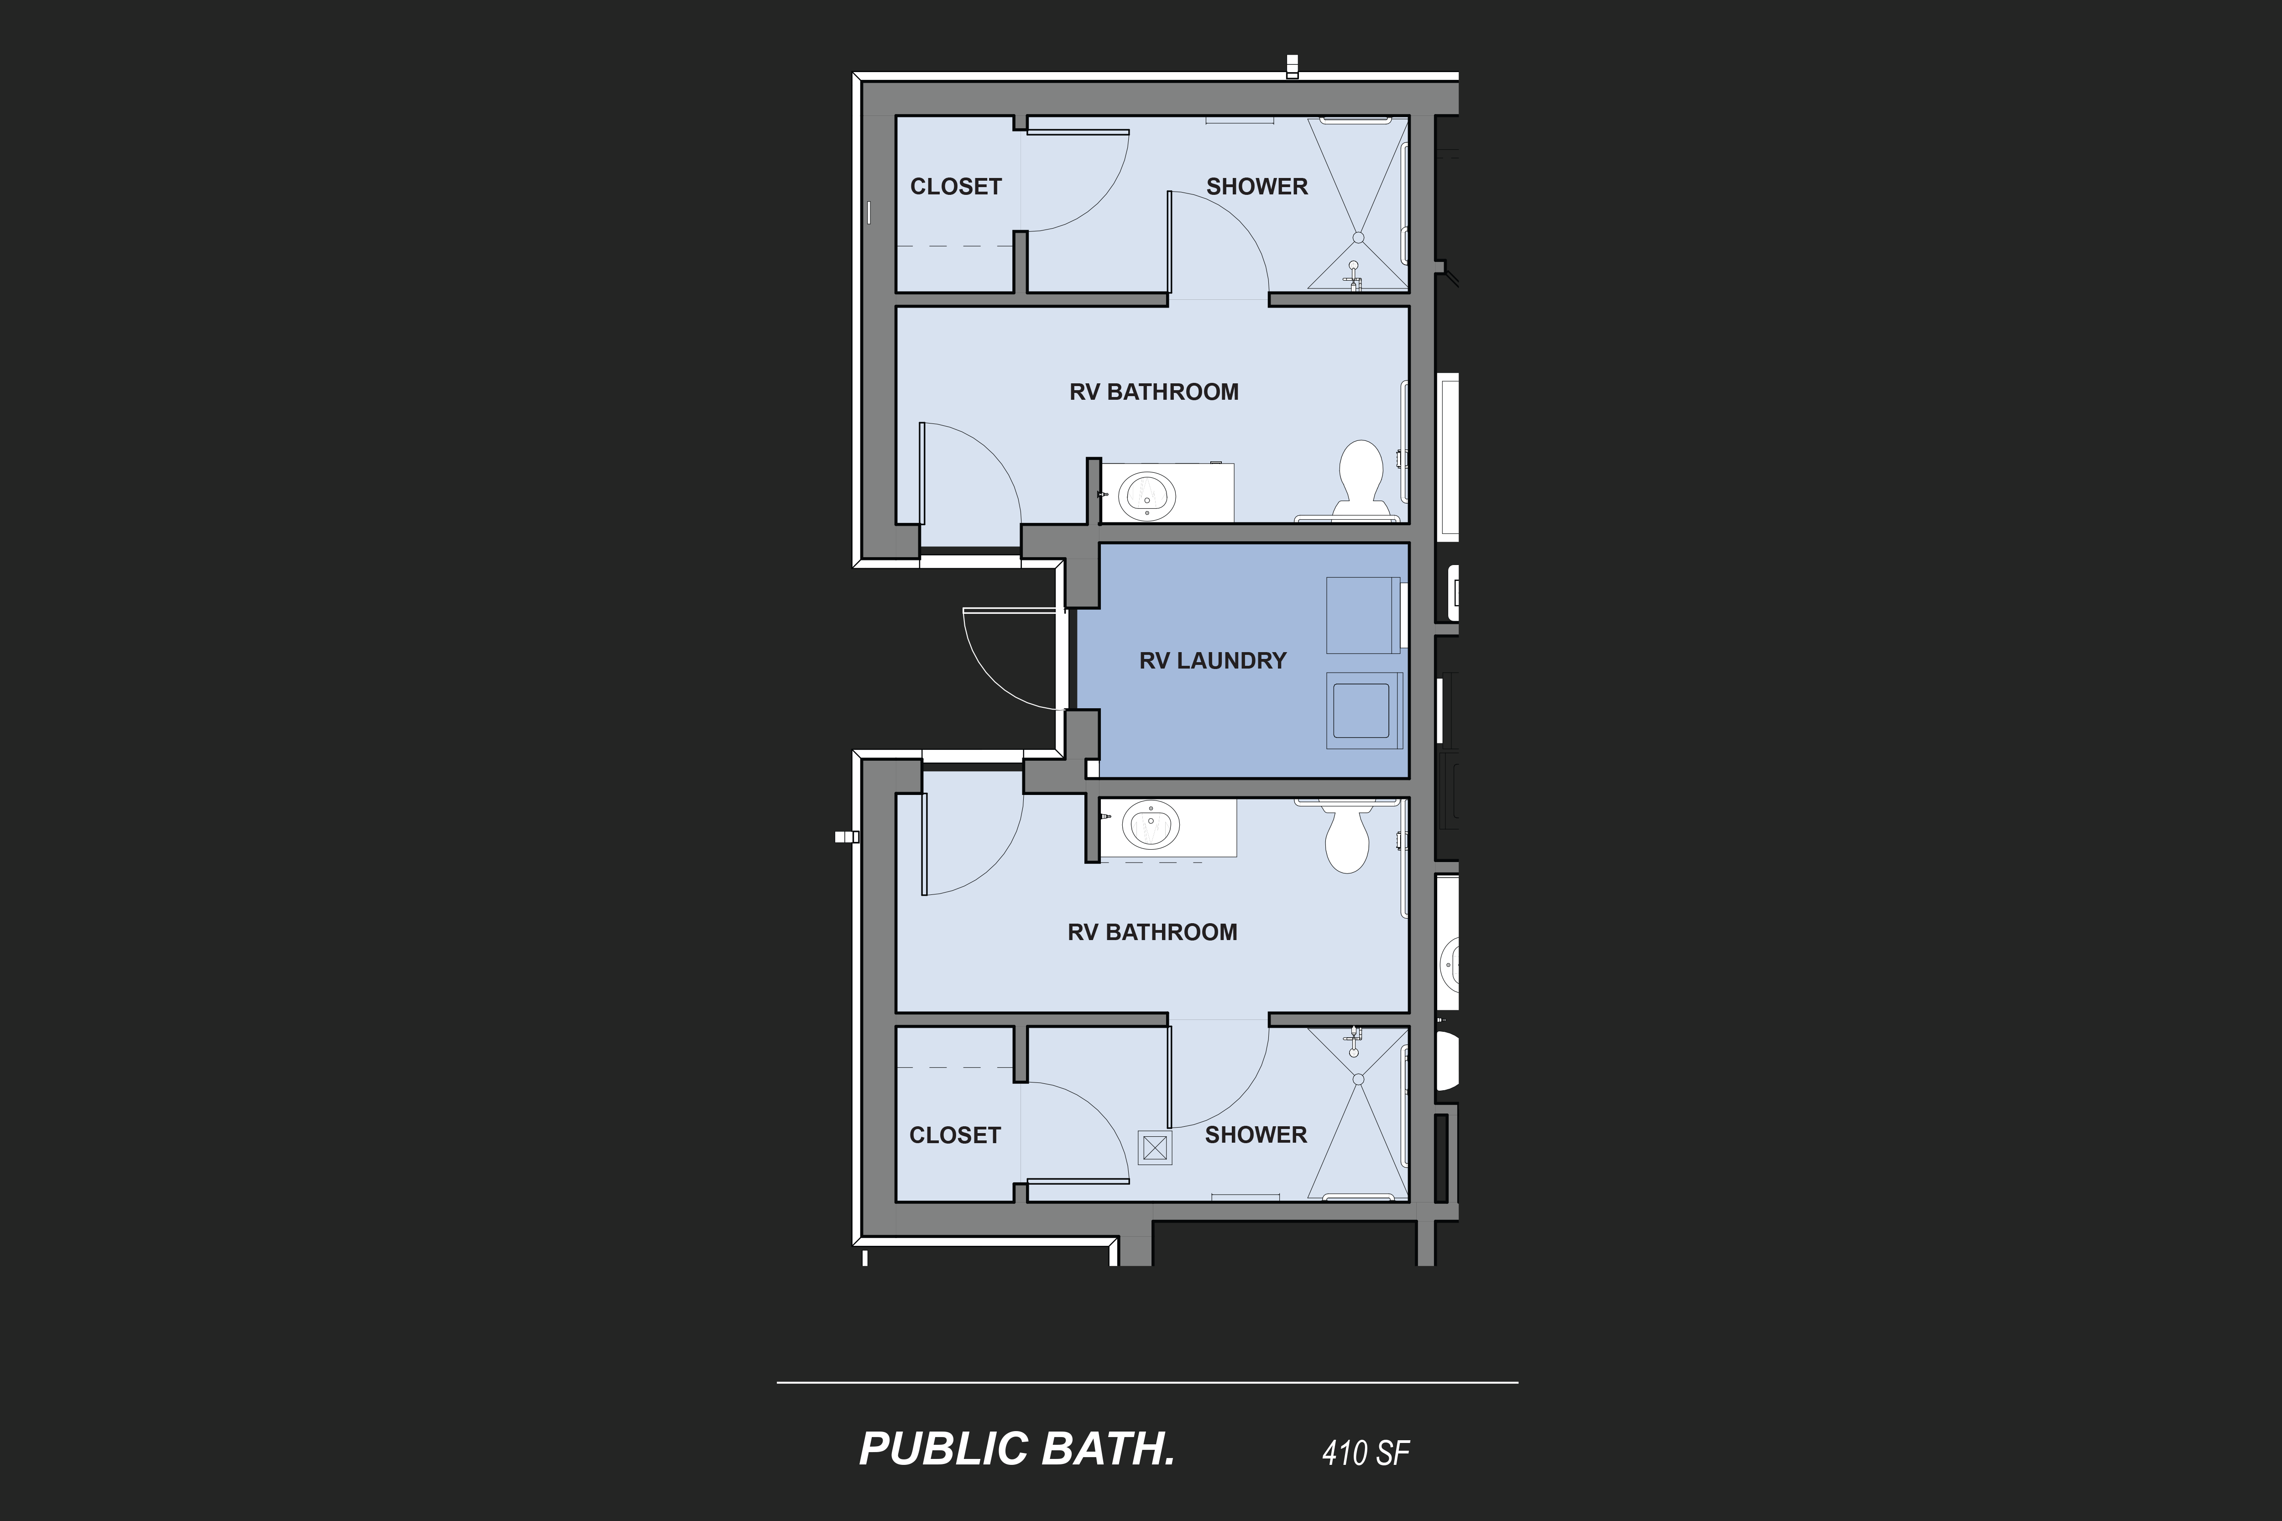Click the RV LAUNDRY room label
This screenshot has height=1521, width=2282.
point(1213,661)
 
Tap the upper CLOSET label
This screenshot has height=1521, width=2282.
point(956,186)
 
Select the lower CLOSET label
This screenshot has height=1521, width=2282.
point(955,1135)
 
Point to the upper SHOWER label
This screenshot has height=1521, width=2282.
point(1256,186)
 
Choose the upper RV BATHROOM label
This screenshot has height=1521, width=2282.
point(1154,392)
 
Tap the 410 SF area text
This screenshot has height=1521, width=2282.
point(1365,1452)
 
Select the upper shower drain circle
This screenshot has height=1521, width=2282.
point(1357,237)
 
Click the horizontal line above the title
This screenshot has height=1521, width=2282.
point(1147,1382)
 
